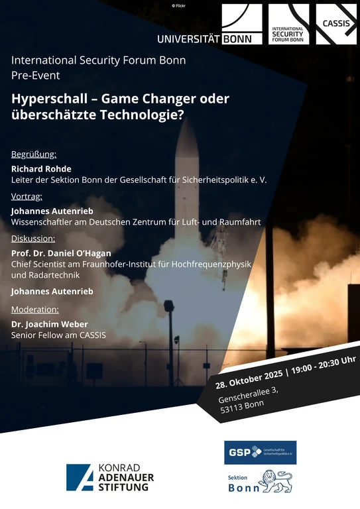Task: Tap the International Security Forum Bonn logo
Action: (x=289, y=25)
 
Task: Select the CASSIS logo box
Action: (x=336, y=25)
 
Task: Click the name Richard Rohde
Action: (x=41, y=168)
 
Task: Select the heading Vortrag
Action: (x=27, y=196)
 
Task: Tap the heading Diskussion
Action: (x=33, y=238)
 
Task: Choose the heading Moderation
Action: (x=35, y=309)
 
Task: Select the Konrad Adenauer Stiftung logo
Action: (x=110, y=477)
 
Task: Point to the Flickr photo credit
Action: (x=180, y=5)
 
